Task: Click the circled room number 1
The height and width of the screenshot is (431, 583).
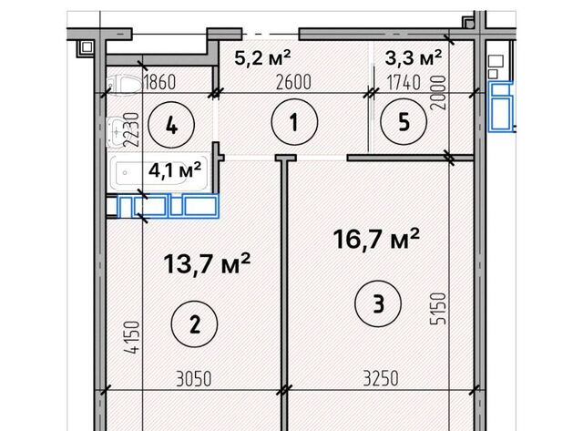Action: pos(294,122)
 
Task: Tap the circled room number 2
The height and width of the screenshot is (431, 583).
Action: pos(194,323)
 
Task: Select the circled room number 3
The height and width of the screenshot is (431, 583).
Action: pos(378,303)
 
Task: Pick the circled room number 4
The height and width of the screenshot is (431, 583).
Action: pos(171,126)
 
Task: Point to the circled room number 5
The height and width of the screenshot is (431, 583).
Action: pos(404,121)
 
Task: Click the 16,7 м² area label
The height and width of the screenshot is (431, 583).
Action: pos(376,239)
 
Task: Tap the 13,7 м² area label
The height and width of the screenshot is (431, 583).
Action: pos(207,263)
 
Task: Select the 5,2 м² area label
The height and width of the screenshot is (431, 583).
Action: pos(262,57)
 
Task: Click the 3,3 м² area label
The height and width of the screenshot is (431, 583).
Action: pos(414,57)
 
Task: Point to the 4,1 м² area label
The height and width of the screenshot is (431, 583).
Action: pos(175,170)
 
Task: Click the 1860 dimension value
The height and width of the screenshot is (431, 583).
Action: pos(159,82)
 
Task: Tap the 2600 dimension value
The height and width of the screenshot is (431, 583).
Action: pos(293,82)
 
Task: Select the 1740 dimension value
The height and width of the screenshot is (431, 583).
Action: pos(404,82)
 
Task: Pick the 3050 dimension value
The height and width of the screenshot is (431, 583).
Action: pos(194,379)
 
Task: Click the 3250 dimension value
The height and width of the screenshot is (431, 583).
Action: pos(381,378)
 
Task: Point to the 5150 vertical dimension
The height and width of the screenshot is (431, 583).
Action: pos(437,309)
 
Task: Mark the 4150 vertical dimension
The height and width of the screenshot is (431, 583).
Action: pos(133,337)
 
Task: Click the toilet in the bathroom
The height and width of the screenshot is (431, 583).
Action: pos(124,85)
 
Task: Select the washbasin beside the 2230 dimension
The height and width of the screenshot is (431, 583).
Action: pos(117,131)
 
